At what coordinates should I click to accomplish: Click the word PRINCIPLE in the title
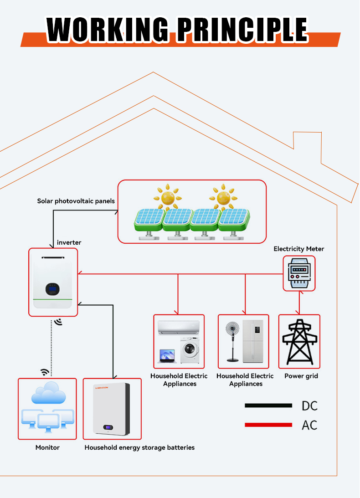[242, 30]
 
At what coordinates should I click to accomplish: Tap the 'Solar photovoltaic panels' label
[76, 201]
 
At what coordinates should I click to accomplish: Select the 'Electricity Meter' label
[299, 249]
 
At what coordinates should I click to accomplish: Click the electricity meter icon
[299, 273]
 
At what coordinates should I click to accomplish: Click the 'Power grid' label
[301, 376]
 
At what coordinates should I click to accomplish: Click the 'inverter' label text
[69, 242]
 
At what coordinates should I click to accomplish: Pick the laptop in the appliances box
[166, 356]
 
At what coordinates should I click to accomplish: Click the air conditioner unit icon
[178, 328]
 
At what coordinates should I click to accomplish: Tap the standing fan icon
[233, 340]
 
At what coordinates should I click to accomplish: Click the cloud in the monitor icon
[46, 393]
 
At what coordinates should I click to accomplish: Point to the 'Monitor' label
[47, 447]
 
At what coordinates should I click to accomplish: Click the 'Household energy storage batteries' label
[139, 447]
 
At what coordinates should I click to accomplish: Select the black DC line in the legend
[268, 405]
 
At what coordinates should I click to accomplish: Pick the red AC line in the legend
[268, 425]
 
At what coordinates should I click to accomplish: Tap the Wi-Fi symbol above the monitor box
[45, 372]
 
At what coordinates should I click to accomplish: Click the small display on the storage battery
[108, 427]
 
